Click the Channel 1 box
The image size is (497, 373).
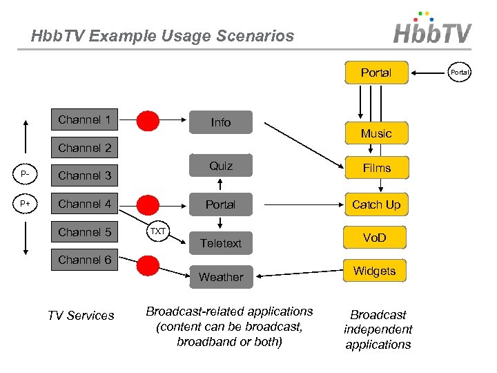(84, 119)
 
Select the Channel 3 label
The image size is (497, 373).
(84, 175)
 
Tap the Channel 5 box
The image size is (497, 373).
(84, 232)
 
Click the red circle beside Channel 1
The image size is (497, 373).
(148, 121)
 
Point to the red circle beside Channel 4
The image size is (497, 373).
(148, 204)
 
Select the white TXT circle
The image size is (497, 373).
(158, 231)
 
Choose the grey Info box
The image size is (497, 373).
(221, 122)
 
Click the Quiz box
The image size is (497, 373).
(221, 166)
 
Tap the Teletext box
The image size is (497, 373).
(221, 243)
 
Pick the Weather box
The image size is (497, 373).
(221, 277)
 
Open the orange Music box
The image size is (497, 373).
(376, 133)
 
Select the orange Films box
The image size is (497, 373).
(376, 168)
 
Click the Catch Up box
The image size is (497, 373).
(376, 204)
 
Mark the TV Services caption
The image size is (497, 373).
(81, 316)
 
